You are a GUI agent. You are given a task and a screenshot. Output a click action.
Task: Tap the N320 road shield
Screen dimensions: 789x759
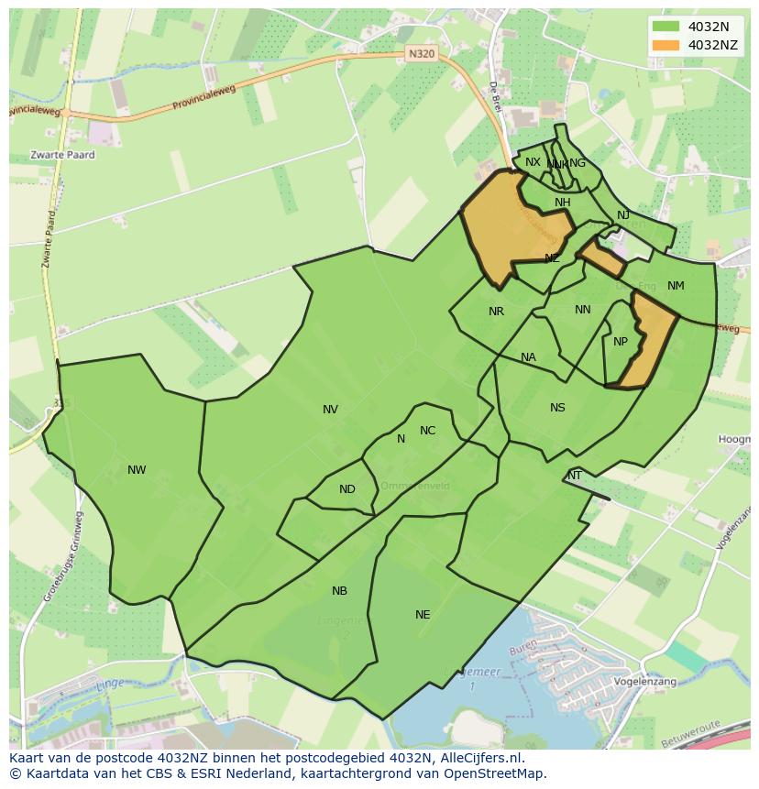coord(422,54)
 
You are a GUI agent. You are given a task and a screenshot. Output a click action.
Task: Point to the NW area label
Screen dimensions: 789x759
coord(137,470)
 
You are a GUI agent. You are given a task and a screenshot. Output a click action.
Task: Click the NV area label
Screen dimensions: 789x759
coord(330,410)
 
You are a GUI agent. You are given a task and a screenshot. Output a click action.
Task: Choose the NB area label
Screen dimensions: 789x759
coord(339,591)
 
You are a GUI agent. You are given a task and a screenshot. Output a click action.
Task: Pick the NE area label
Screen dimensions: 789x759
coord(423,615)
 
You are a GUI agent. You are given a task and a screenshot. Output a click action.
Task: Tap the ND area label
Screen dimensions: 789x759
coord(346,489)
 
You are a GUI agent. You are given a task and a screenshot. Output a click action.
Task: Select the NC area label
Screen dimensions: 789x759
coord(427,431)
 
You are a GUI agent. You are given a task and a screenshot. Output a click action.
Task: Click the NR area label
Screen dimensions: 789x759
coord(496,312)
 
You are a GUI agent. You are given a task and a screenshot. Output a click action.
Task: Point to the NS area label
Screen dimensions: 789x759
coord(557,408)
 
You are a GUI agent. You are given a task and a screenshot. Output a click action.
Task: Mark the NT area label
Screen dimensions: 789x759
coord(575,476)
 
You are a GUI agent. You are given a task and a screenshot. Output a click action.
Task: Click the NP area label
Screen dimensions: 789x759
coord(621,342)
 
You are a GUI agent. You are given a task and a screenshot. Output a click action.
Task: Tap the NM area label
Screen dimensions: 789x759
coord(676,286)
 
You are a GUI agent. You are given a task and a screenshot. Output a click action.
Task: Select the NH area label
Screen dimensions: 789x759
coord(562,203)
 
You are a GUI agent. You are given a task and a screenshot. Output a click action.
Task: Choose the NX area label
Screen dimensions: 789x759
coord(533,162)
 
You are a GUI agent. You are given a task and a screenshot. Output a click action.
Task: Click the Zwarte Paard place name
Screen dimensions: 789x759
coord(62,155)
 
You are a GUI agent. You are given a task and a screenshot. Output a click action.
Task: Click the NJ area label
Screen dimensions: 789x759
coord(623,215)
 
